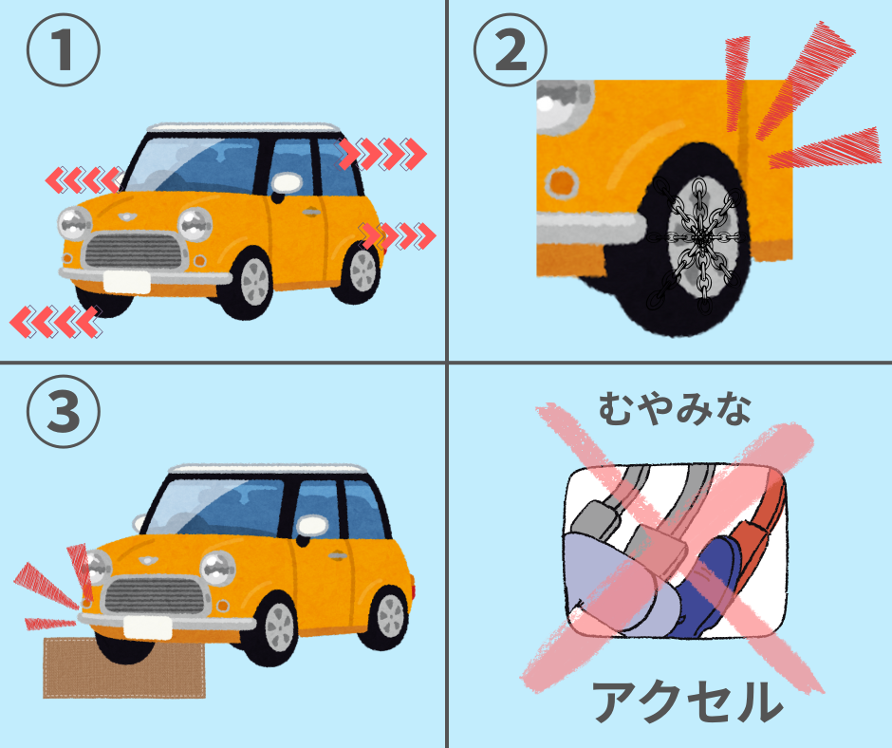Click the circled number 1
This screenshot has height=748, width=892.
64,50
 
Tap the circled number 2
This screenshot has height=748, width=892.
511,50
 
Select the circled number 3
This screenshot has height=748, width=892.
64,411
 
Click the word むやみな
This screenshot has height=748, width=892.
674,408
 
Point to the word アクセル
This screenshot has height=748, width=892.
687,701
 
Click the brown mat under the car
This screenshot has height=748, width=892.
124,667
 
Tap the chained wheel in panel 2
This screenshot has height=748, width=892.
694,239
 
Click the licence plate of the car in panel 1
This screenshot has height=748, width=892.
127,282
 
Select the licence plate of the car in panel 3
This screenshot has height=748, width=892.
147,627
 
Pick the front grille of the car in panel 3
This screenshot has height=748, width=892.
154,595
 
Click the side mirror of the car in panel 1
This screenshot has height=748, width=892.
287,183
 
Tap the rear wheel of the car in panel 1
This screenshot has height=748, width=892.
358,271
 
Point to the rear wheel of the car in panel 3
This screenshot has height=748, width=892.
386,617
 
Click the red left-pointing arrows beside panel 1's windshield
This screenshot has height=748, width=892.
84,180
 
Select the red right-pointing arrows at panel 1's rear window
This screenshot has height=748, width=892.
382,154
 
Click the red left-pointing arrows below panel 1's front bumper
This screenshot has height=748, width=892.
56,322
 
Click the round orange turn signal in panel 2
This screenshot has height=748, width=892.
561,183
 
